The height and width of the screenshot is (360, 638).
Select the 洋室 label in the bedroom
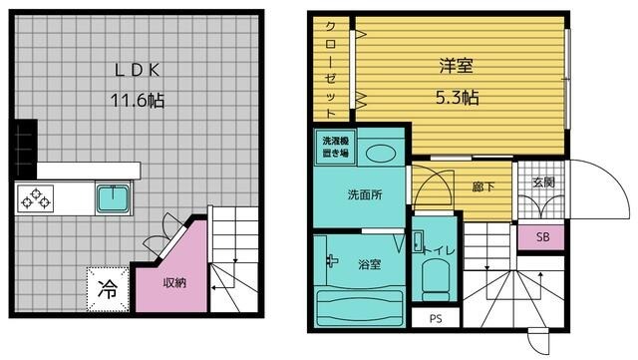tap(457, 67)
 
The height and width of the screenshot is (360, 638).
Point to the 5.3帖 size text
tap(458, 98)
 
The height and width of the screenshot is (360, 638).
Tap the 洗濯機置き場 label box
tap(334, 147)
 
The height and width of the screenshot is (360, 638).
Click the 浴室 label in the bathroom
tap(370, 265)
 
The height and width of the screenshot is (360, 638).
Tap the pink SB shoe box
tap(542, 237)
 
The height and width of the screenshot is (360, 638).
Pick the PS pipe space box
tap(435, 319)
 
